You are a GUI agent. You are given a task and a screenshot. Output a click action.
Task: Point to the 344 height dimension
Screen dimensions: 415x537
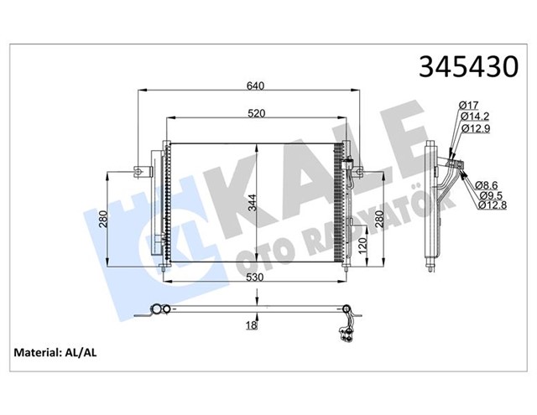tap(253, 202)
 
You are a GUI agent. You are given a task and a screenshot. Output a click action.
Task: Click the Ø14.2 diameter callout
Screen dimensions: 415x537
tap(474, 118)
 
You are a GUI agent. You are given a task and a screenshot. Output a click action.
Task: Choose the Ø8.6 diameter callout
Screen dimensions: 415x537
tap(486, 184)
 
